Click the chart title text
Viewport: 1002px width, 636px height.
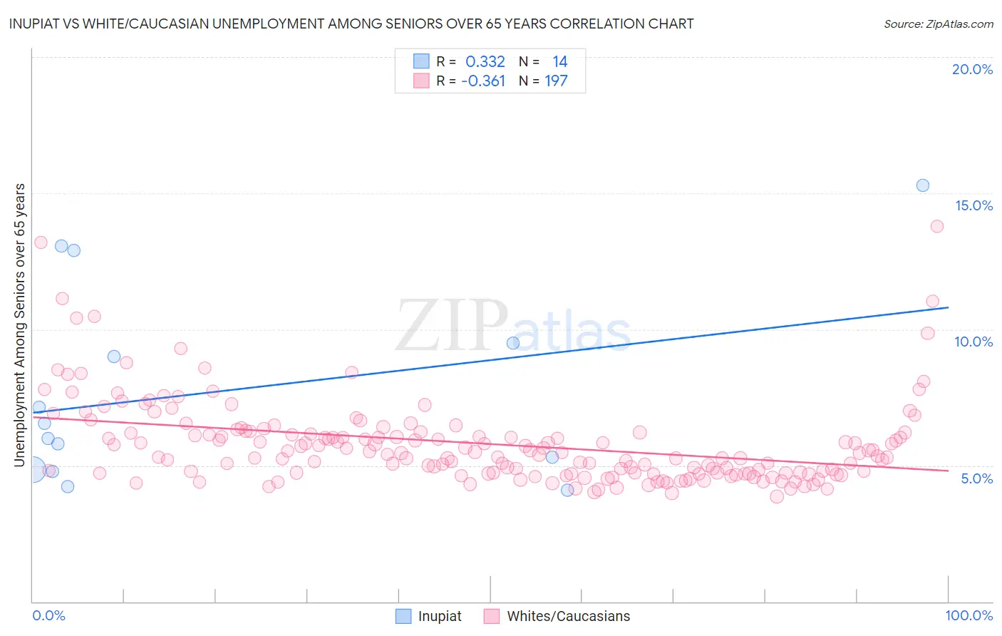(351, 24)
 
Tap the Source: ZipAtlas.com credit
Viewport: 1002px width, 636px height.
(938, 24)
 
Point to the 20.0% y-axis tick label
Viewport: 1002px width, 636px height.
(972, 69)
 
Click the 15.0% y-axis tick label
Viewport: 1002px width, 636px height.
(973, 205)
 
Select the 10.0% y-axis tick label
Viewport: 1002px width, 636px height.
(973, 342)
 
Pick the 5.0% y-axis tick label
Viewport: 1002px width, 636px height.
(976, 478)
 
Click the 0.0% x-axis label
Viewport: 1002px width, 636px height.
(48, 615)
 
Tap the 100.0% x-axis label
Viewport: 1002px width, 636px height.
(969, 615)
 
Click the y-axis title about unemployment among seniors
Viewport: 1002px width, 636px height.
(19, 325)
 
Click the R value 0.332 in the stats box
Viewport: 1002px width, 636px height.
(485, 62)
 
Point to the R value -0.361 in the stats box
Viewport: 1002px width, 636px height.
(483, 81)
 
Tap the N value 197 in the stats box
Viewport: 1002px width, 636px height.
(556, 81)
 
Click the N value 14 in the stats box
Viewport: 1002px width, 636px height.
(559, 62)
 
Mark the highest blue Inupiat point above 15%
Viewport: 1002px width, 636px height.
(922, 185)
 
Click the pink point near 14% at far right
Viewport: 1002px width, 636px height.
(936, 226)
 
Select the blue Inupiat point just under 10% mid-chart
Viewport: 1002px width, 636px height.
(512, 343)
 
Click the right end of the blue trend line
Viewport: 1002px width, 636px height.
(948, 307)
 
